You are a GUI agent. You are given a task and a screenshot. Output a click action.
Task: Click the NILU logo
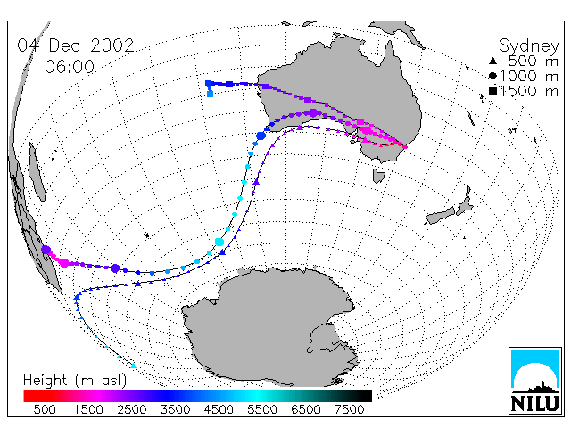[535, 381]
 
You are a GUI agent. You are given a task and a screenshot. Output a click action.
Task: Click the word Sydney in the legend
[528, 46]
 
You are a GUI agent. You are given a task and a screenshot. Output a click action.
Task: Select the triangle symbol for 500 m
[492, 61]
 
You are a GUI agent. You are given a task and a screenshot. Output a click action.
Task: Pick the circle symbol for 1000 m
[492, 76]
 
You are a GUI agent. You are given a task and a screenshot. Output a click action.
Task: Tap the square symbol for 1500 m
[492, 91]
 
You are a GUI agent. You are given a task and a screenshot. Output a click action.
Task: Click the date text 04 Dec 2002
[76, 45]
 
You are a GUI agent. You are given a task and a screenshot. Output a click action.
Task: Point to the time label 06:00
[70, 67]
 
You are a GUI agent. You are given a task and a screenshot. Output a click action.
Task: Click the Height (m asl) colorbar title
[75, 381]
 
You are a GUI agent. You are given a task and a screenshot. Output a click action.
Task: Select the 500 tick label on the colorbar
[45, 409]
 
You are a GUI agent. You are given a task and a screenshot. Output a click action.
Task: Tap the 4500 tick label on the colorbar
[219, 409]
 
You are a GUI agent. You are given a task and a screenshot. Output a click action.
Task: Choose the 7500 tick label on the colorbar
[349, 409]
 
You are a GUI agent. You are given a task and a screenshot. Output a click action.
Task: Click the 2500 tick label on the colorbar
[131, 409]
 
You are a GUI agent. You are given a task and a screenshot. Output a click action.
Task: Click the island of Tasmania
[378, 176]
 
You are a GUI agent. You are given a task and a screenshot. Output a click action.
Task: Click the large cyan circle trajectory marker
[219, 242]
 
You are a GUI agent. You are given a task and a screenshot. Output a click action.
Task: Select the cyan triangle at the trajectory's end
[133, 366]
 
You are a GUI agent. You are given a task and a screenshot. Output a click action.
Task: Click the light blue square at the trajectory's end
[211, 94]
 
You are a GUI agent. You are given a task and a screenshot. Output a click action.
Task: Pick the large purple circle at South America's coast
[46, 250]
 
